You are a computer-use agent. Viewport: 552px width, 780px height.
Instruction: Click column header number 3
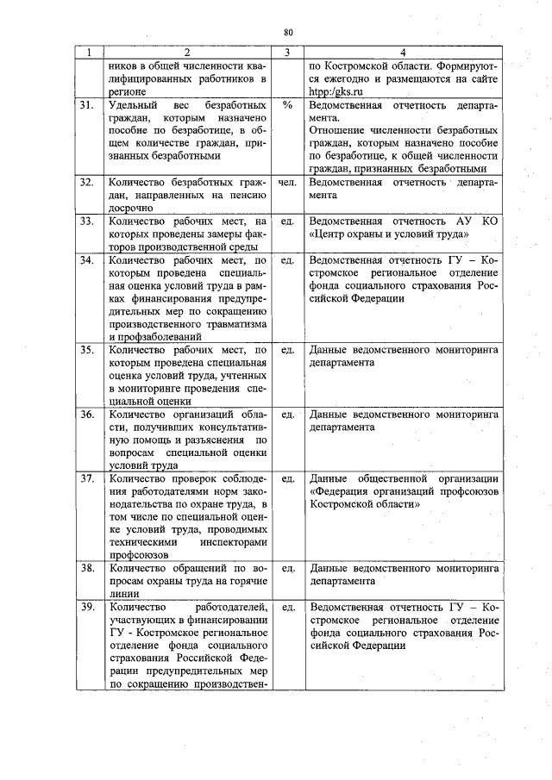coord(287,53)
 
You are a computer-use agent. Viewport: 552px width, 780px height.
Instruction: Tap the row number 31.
coord(86,106)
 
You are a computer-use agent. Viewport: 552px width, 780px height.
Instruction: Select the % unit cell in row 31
coord(287,106)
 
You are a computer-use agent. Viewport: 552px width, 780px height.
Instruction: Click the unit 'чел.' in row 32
coord(288,184)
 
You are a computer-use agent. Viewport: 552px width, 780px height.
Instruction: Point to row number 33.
coord(86,222)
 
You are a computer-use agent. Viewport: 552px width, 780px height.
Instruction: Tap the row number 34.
coord(86,259)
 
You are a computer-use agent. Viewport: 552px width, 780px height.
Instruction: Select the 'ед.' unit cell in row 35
coord(288,351)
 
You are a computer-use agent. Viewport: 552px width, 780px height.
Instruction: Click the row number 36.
coord(86,415)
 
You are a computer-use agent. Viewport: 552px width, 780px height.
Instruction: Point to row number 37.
coord(86,478)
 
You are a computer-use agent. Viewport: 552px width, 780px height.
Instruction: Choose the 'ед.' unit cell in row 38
coord(288,569)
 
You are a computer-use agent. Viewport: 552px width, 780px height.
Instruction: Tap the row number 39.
coord(86,608)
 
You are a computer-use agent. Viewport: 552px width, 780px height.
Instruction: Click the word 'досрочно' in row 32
coord(130,209)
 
